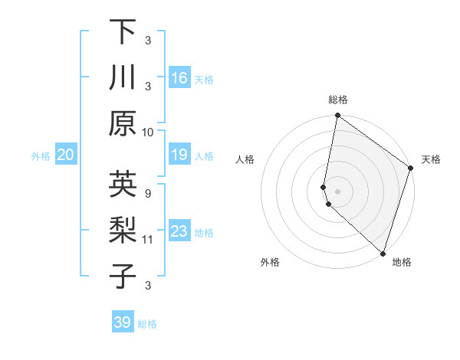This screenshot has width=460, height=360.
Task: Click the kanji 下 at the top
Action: click(x=123, y=32)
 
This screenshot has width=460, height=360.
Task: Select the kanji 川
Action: click(x=123, y=78)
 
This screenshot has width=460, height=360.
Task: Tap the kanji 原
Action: click(x=123, y=123)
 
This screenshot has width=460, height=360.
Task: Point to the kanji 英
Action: click(x=123, y=184)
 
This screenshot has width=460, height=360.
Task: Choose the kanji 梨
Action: click(x=123, y=231)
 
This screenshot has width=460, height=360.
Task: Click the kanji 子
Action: click(x=123, y=276)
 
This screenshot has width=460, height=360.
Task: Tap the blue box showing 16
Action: click(x=179, y=78)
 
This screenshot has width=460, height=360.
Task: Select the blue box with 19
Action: click(x=179, y=155)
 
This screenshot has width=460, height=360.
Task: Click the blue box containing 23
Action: click(x=179, y=231)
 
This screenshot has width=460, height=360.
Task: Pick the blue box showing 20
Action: click(x=66, y=155)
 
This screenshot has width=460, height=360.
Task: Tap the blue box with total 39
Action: click(x=122, y=322)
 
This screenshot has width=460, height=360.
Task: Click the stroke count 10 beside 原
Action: click(x=148, y=131)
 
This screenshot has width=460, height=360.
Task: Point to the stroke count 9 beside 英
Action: click(x=147, y=192)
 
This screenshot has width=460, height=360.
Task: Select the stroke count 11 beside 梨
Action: click(x=148, y=239)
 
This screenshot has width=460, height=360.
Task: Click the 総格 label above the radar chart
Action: click(x=338, y=100)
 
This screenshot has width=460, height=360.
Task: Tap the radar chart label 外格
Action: click(x=270, y=262)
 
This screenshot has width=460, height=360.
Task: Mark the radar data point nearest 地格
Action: click(x=383, y=253)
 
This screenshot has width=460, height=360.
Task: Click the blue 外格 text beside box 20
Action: click(x=41, y=156)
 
